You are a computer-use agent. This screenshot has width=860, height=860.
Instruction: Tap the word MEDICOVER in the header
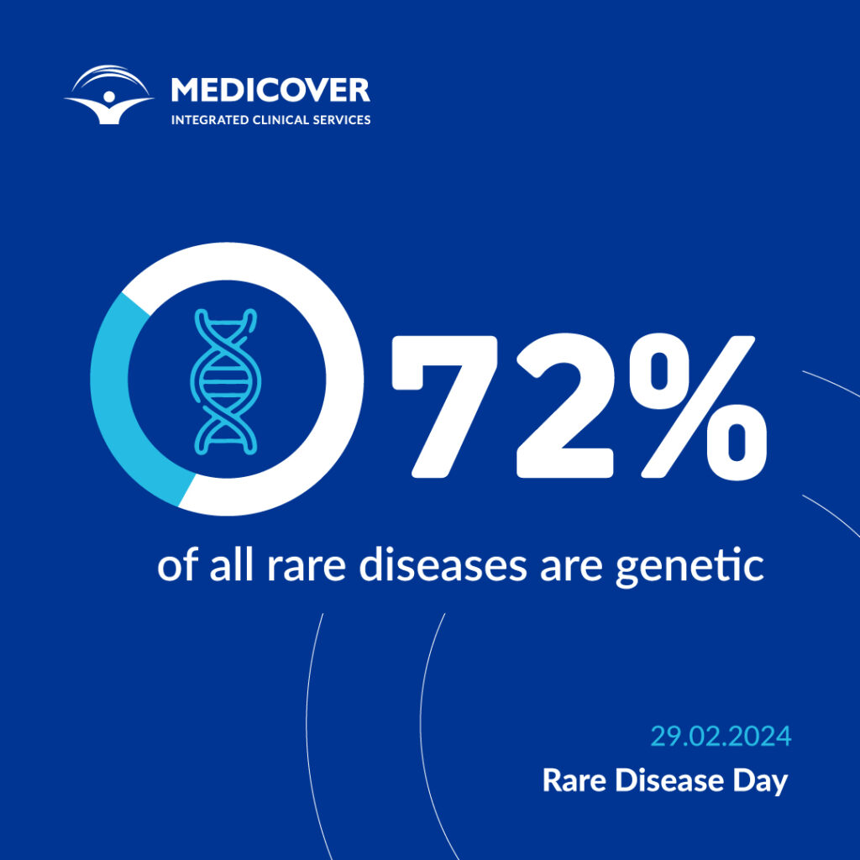click(270, 90)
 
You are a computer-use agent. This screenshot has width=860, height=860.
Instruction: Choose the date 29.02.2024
click(721, 737)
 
